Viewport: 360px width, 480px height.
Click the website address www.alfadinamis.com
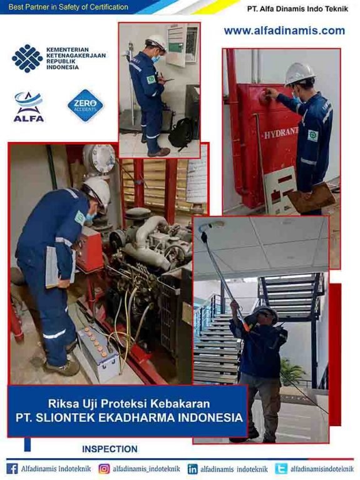click(284, 31)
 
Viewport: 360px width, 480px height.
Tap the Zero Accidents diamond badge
click(86, 106)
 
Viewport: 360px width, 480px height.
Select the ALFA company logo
click(29, 107)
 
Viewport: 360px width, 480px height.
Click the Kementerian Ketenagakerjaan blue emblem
click(28, 58)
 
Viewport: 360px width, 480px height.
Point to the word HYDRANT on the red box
click(281, 133)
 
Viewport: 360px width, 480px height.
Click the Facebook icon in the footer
click(12, 469)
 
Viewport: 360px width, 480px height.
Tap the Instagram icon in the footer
click(104, 469)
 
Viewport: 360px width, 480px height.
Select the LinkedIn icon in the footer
click(192, 469)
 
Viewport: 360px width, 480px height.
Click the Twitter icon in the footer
click(281, 469)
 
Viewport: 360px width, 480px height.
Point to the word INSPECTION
click(110, 449)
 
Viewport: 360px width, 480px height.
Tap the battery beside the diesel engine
click(98, 353)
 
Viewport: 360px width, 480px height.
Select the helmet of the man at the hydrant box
click(299, 74)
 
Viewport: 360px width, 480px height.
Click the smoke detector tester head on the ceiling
click(212, 226)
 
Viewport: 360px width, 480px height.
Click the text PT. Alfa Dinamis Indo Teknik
click(297, 9)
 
